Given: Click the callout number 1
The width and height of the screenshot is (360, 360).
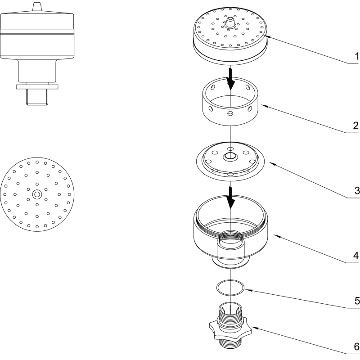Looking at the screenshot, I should pyautogui.click(x=355, y=57).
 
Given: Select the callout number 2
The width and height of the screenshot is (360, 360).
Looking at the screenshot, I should pyautogui.click(x=355, y=125).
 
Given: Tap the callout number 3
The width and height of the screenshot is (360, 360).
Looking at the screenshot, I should pyautogui.click(x=356, y=190).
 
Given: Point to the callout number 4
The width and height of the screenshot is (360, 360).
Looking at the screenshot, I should pyautogui.click(x=355, y=256).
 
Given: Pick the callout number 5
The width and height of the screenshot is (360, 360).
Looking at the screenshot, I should pyautogui.click(x=356, y=301).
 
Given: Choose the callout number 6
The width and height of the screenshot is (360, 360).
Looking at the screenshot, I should pyautogui.click(x=356, y=347).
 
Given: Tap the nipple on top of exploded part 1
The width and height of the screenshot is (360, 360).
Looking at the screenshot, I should pyautogui.click(x=230, y=21).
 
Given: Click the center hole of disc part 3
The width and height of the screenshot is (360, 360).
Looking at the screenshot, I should pyautogui.click(x=230, y=157).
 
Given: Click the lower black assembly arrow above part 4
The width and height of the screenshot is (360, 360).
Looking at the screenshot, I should pyautogui.click(x=231, y=198).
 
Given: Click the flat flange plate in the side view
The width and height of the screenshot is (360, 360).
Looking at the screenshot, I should pyautogui.click(x=37, y=85).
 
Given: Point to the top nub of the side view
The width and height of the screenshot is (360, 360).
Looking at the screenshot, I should pyautogui.click(x=37, y=7).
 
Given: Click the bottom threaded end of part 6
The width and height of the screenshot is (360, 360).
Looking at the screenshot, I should pyautogui.click(x=230, y=345).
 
